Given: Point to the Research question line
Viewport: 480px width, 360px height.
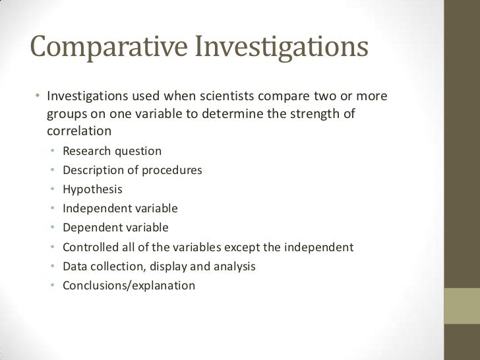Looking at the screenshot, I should (x=111, y=151).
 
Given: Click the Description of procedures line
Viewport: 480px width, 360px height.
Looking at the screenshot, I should (x=132, y=170).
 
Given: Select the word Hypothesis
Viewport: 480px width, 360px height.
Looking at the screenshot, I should (x=92, y=189).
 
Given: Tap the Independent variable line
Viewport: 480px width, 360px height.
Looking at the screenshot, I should (x=120, y=208).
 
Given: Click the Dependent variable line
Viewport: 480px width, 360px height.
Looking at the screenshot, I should (x=115, y=227).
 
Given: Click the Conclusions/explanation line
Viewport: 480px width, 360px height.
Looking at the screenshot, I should (x=129, y=285).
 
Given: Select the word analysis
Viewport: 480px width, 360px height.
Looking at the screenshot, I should (x=235, y=266).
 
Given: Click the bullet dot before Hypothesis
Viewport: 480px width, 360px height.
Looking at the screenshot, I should (x=52, y=190).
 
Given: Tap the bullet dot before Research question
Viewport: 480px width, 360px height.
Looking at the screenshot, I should (x=52, y=152).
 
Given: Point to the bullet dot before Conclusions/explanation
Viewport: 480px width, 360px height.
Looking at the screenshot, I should (x=52, y=286).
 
